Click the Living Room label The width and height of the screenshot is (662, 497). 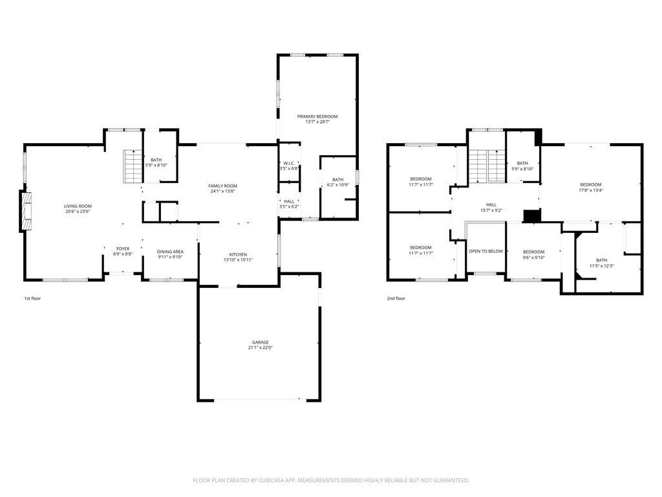coord(78,206)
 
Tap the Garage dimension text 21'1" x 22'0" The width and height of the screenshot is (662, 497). coord(261,348)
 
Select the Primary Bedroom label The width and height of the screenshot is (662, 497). coord(317,116)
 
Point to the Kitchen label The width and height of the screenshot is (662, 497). coord(238,254)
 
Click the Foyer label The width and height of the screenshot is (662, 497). coord(123,249)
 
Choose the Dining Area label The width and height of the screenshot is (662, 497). coord(170,252)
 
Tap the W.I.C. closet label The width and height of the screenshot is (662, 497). coord(289,163)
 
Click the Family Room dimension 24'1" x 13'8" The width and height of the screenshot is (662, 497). coord(223,191)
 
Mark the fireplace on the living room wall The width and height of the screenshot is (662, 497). coord(26,212)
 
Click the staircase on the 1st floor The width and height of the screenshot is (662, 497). coord(132,166)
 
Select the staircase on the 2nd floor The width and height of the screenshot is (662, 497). coord(487,166)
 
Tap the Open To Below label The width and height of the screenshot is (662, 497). coord(486,252)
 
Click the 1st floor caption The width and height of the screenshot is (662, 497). coord(32,298)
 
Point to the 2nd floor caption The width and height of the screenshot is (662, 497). coord(396,298)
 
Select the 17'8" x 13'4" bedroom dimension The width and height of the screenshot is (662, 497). coord(591,190)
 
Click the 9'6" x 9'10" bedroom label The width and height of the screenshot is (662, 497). coord(533,258)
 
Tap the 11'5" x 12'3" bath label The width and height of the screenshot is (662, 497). coord(602,266)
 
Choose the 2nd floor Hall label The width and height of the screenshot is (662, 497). coord(491,205)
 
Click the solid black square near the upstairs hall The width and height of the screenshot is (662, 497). coord(533,215)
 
